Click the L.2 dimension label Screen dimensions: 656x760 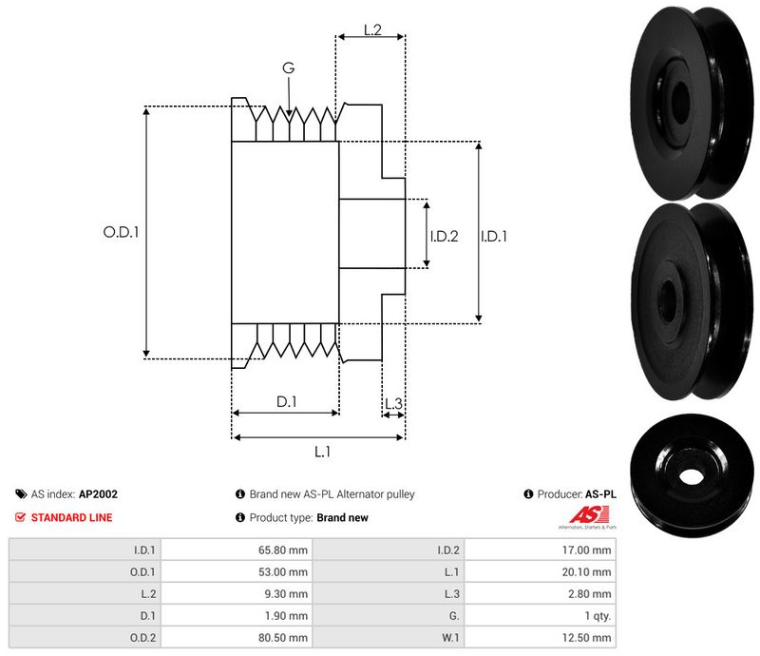pyautogui.click(x=372, y=30)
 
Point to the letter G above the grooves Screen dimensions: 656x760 pyautogui.click(x=288, y=68)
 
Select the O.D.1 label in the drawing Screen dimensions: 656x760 pyautogui.click(x=121, y=230)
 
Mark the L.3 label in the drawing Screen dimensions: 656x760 pyautogui.click(x=393, y=404)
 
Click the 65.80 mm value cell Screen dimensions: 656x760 pyautogui.click(x=285, y=550)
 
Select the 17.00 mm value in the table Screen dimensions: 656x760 pyautogui.click(x=588, y=550)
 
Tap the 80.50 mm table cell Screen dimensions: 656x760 pyautogui.click(x=285, y=637)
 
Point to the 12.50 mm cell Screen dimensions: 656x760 pyautogui.click(x=588, y=637)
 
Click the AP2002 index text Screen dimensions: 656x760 pyautogui.click(x=99, y=494)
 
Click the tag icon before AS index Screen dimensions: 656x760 pyautogui.click(x=21, y=494)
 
